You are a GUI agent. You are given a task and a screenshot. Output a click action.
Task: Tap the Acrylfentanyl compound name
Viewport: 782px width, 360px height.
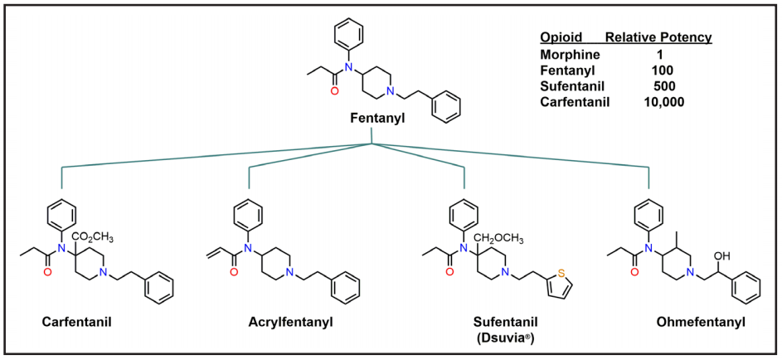click(290, 321)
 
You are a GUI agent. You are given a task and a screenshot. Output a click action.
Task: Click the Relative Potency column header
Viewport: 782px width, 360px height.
click(658, 38)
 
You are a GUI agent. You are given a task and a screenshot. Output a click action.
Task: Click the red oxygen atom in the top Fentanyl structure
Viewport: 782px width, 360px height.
click(335, 92)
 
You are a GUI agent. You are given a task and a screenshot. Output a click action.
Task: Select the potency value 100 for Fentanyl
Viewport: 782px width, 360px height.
click(663, 71)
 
